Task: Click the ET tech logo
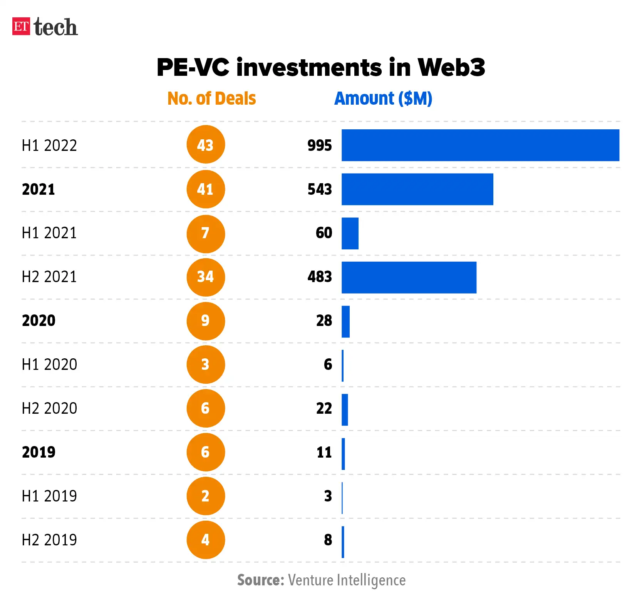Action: tap(45, 27)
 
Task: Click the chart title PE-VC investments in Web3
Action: tap(320, 67)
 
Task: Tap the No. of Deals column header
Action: tap(211, 99)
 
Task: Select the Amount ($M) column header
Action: tap(383, 99)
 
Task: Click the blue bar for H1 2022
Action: tap(480, 145)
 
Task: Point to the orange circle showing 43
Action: tap(206, 145)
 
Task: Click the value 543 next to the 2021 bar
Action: tap(320, 189)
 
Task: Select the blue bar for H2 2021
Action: tap(409, 277)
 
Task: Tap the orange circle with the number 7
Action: tap(206, 233)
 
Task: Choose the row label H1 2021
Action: tap(49, 233)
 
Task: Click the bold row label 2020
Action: tap(39, 321)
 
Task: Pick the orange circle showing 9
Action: tap(206, 321)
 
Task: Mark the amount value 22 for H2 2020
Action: tap(324, 408)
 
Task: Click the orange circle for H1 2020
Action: tap(206, 364)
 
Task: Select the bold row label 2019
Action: tap(39, 452)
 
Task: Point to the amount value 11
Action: tap(324, 452)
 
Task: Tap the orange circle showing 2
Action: tap(206, 496)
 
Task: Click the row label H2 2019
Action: tap(49, 540)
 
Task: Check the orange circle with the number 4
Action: tap(206, 540)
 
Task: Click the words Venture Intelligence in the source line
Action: tap(347, 580)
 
